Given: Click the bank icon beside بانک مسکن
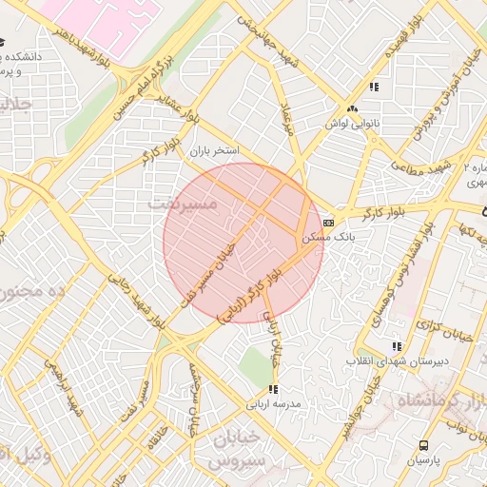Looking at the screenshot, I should coord(329,222).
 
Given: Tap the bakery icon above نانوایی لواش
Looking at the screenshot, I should coord(353,109).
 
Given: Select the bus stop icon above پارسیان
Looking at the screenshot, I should coord(423,445).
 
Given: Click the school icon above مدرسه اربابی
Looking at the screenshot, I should coord(274,389).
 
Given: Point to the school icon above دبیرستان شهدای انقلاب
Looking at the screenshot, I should coord(397,347).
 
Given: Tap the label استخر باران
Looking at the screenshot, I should coord(213,150).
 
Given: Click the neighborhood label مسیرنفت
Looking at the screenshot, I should coord(184,204).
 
